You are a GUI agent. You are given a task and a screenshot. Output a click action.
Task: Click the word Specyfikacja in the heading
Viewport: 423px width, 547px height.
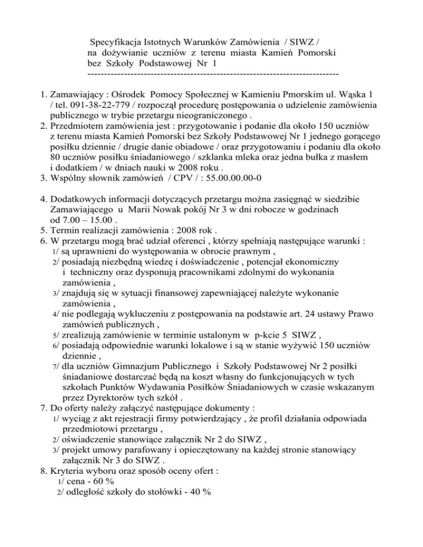[x=116, y=41]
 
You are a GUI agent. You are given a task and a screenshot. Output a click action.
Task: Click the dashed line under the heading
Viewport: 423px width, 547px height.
[x=212, y=73]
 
